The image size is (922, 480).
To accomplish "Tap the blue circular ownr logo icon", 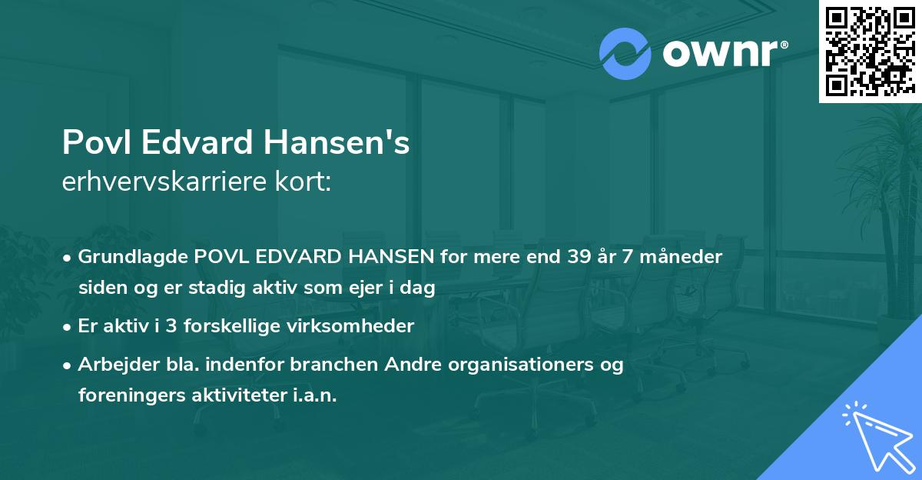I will [x=625, y=54].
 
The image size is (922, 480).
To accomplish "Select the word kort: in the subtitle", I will [x=304, y=184].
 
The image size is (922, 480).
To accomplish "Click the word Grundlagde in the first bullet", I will [x=127, y=257].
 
